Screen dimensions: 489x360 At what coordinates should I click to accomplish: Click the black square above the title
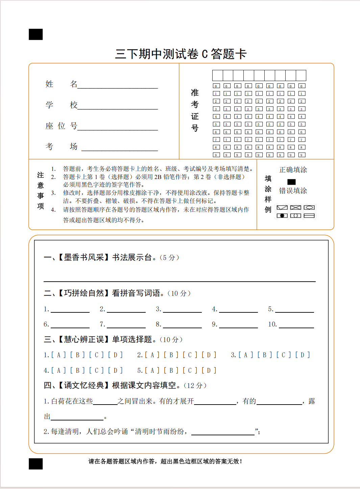36,34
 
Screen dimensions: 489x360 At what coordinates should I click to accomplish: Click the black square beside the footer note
36,464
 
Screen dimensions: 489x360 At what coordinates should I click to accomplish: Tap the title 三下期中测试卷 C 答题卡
181,54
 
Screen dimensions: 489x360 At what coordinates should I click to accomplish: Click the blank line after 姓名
118,85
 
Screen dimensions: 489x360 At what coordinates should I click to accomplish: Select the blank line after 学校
118,106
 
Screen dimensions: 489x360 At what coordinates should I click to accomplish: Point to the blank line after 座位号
118,127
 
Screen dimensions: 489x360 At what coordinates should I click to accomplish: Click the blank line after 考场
120,148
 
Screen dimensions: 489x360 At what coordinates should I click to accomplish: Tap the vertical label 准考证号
195,110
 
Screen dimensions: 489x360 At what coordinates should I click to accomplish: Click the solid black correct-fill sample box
291,182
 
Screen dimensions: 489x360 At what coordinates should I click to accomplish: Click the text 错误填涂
293,191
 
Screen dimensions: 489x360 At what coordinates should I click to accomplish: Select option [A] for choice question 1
59,355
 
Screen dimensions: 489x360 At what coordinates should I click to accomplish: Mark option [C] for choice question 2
190,355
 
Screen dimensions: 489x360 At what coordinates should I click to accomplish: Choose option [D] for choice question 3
303,355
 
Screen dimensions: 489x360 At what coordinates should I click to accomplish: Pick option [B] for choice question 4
78,370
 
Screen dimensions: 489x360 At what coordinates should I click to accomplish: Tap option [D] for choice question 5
209,370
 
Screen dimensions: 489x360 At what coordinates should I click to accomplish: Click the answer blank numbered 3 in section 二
182,309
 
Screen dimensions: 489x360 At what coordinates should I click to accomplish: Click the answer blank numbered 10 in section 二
296,325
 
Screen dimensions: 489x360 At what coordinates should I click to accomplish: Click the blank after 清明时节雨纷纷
223,432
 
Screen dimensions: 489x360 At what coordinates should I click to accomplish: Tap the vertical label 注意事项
41,190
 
